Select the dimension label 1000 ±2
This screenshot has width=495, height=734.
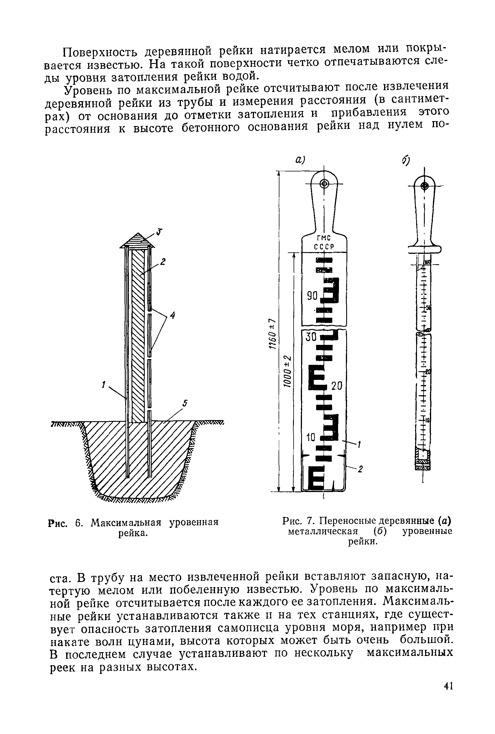pyautogui.click(x=287, y=371)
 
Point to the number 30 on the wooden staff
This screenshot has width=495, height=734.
pyautogui.click(x=311, y=337)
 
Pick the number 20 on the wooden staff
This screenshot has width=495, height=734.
pyautogui.click(x=337, y=386)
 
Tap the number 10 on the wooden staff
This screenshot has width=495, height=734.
pyautogui.click(x=311, y=437)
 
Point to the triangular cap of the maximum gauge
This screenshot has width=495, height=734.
pyautogui.click(x=137, y=240)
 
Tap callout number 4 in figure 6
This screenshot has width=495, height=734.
pyautogui.click(x=173, y=315)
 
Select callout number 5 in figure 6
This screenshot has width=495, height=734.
pyautogui.click(x=185, y=403)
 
